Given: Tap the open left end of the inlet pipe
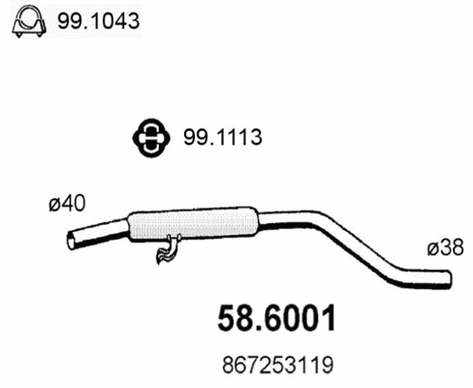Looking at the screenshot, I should coord(71,239).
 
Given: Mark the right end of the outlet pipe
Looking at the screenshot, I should coord(450,279).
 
